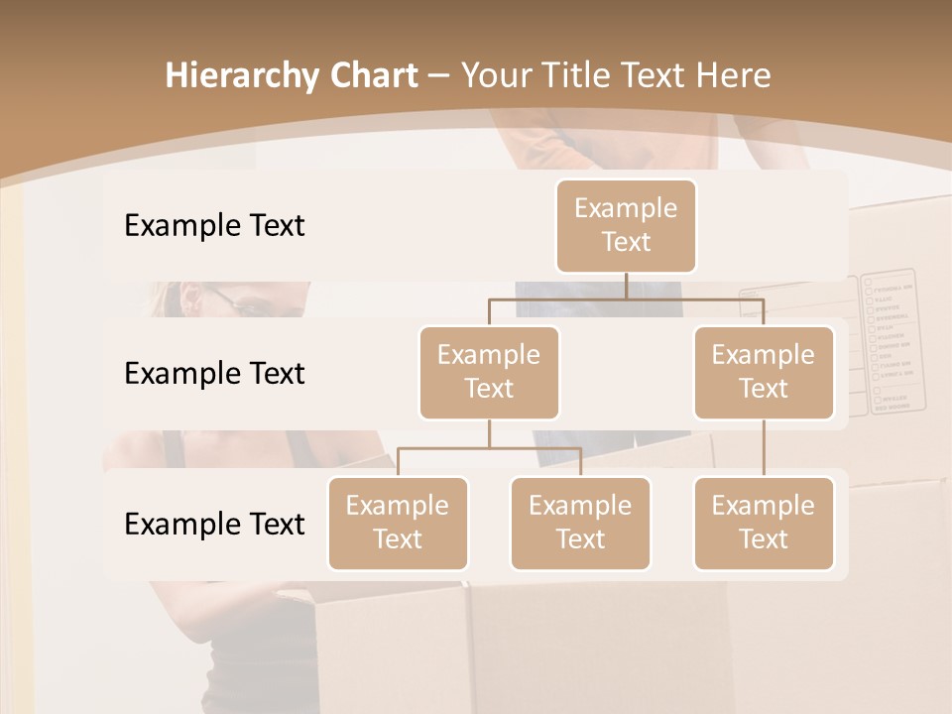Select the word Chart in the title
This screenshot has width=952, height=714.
click(x=373, y=76)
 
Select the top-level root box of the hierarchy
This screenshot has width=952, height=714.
click(x=626, y=225)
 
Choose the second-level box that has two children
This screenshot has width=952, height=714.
click(x=489, y=372)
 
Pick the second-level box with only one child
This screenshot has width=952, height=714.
click(x=764, y=372)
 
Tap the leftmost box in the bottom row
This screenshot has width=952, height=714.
click(x=398, y=523)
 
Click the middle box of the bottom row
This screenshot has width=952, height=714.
click(x=580, y=523)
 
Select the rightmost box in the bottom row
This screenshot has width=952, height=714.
click(x=764, y=523)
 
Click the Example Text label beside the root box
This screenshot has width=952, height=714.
click(x=214, y=226)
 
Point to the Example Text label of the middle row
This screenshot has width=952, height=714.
click(x=214, y=374)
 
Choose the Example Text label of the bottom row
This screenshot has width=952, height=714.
click(x=214, y=524)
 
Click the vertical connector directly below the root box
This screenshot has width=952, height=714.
click(x=626, y=286)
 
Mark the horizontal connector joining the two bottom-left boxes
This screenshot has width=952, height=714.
click(x=489, y=448)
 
